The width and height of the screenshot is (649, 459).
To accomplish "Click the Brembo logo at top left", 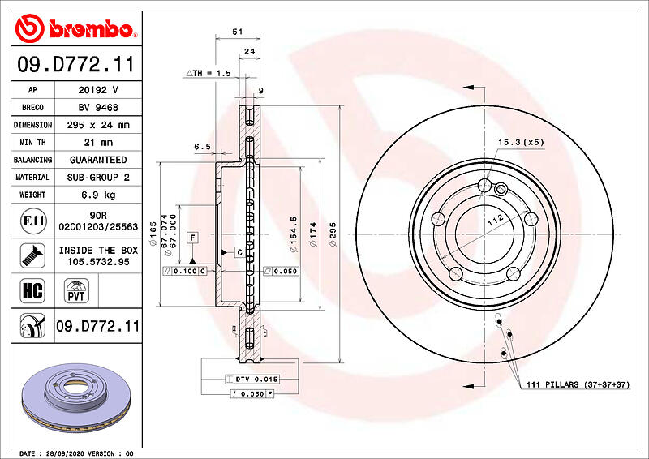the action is (x=75, y=28).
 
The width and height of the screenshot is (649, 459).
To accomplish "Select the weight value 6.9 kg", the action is (x=98, y=195).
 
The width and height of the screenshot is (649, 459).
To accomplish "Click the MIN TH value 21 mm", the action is (x=98, y=143).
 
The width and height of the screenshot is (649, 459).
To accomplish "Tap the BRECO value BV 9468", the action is (x=98, y=108).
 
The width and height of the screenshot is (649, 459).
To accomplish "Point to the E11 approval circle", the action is (x=33, y=221).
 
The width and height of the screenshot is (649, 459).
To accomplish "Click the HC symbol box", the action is (x=32, y=290).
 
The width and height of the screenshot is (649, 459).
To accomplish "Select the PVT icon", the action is (x=76, y=291).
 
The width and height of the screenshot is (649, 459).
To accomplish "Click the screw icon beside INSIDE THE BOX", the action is (x=32, y=255).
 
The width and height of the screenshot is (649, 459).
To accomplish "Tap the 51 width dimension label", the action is (x=238, y=32).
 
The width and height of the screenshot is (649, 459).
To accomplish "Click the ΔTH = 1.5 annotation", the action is (x=208, y=73).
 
